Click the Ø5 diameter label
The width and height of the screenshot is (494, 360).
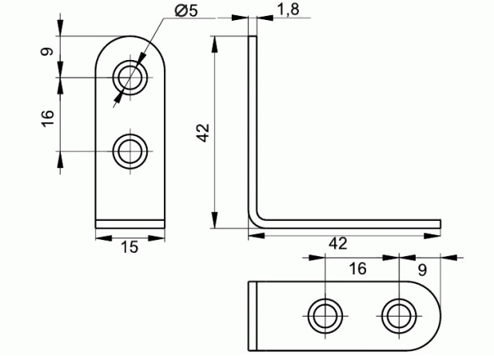(186, 10)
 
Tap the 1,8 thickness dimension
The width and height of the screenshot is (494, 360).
(288, 10)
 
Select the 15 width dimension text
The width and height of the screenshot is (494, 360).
(129, 247)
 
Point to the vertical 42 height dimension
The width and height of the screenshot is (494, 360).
(204, 132)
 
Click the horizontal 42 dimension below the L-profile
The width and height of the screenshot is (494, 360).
(338, 243)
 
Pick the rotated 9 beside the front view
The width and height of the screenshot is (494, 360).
(47, 51)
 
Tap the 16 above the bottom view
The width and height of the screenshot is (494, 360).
(357, 269)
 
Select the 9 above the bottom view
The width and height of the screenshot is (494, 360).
(422, 270)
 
